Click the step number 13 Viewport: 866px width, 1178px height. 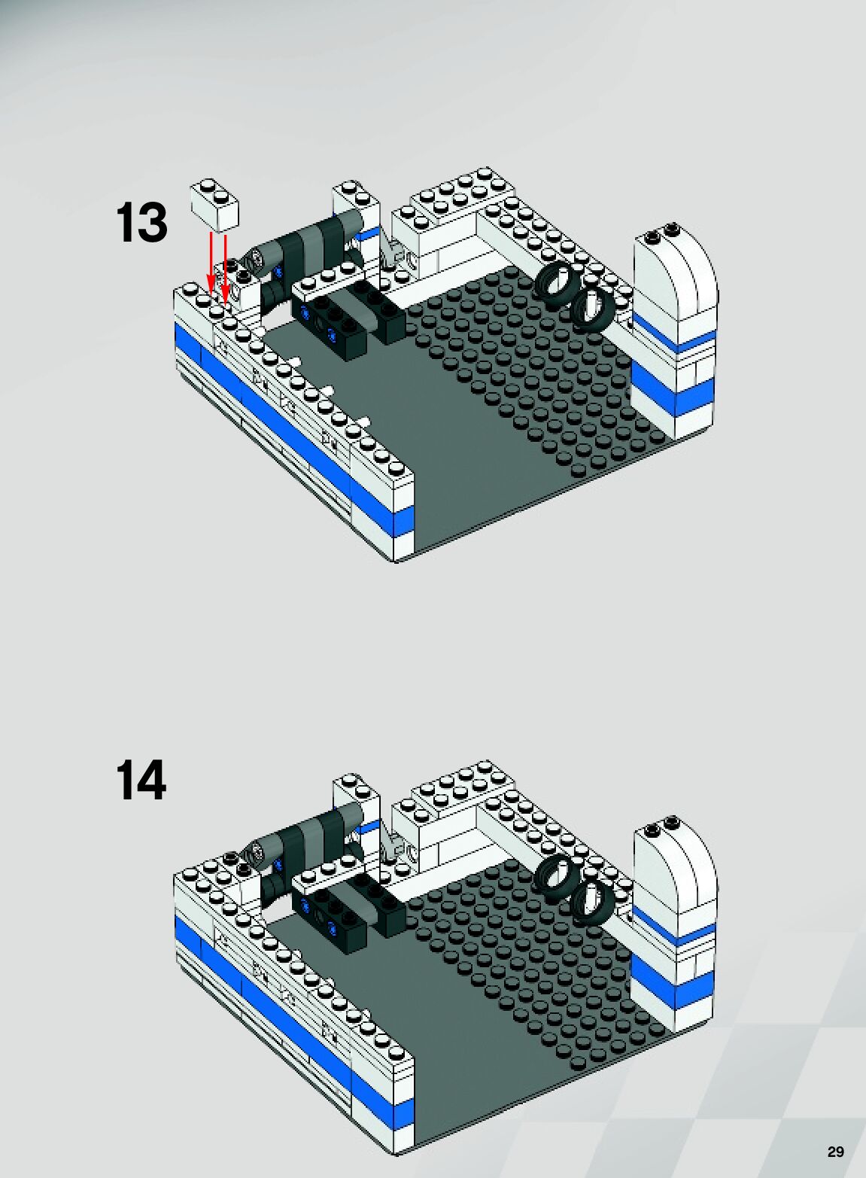click(x=141, y=223)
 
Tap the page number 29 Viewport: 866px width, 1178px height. click(x=835, y=1152)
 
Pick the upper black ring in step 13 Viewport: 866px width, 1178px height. click(x=556, y=285)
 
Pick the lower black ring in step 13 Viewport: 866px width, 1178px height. click(x=591, y=307)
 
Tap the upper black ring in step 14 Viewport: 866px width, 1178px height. click(x=556, y=878)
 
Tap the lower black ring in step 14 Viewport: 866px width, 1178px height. click(x=591, y=900)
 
